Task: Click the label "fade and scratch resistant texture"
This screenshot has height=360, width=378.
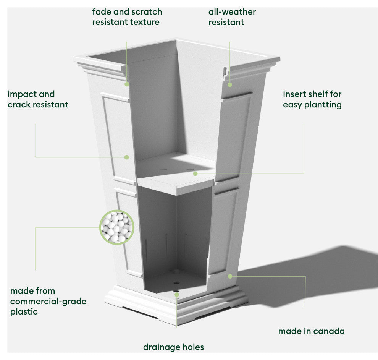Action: click(127, 17)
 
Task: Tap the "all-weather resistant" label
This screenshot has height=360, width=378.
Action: click(232, 17)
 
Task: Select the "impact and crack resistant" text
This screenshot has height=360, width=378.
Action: click(38, 99)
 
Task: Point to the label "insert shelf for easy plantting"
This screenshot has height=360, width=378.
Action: click(312, 99)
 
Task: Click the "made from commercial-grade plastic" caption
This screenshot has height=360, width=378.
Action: click(48, 301)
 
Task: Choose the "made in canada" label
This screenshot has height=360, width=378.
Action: click(311, 331)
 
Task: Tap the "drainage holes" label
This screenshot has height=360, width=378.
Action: click(173, 347)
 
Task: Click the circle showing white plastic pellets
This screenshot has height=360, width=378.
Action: click(116, 227)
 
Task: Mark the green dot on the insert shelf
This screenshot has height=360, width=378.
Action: click(195, 174)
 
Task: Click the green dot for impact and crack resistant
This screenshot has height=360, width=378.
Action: click(127, 157)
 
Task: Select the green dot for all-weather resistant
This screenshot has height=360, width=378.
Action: click(230, 84)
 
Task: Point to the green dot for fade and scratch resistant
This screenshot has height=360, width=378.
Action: click(127, 84)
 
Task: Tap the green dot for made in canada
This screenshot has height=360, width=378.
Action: click(230, 276)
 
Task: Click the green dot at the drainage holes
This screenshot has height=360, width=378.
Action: click(176, 295)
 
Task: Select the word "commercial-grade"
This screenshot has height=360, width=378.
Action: click(48, 301)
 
